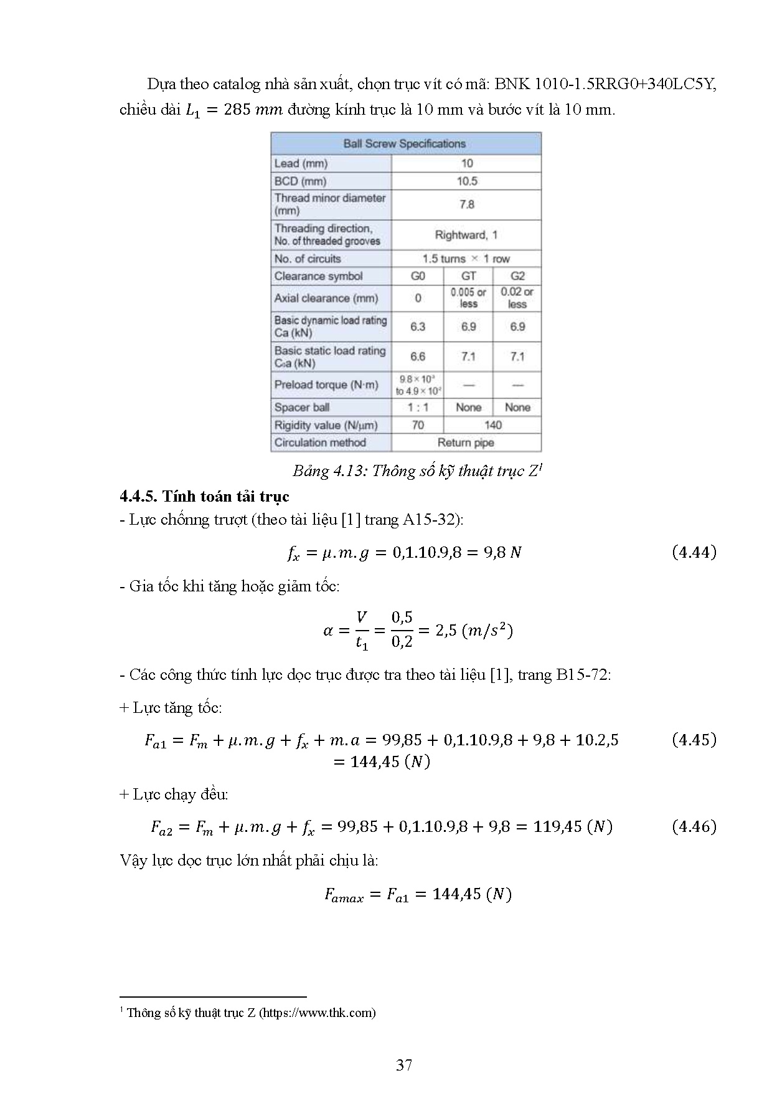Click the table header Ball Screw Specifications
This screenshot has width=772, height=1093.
click(405, 144)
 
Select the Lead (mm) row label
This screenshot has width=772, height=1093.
click(301, 163)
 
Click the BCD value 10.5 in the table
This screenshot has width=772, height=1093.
click(467, 181)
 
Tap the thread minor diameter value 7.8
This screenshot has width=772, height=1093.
click(467, 204)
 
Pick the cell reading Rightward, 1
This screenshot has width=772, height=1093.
click(466, 235)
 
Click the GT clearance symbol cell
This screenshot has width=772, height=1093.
click(468, 276)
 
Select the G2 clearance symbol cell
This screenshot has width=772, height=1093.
click(517, 276)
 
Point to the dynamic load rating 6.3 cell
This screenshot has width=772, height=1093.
click(418, 327)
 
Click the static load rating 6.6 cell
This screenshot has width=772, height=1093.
click(418, 356)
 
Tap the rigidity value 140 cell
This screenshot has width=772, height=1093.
click(492, 425)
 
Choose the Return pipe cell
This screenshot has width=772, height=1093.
click(466, 442)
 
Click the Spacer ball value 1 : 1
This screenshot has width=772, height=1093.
click(418, 408)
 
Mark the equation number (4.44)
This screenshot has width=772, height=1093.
click(694, 552)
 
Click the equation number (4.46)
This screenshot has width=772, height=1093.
click(694, 827)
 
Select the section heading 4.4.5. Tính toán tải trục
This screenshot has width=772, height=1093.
click(204, 497)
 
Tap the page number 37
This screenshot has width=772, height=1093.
click(404, 1065)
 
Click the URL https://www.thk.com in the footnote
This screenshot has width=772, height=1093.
click(317, 1013)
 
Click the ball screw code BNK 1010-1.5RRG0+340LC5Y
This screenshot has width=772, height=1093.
click(605, 84)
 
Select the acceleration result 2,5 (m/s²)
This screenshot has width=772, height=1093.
click(474, 631)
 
